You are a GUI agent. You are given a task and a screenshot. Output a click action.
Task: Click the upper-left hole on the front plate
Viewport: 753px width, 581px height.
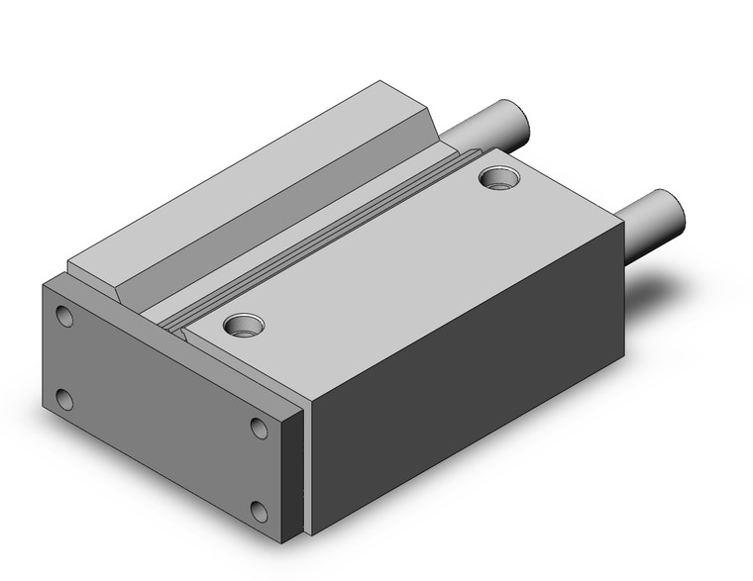(x=64, y=318)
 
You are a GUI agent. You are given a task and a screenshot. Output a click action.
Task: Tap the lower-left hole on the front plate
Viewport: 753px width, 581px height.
(x=64, y=400)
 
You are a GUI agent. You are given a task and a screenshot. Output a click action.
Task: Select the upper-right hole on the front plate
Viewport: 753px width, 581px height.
(x=259, y=429)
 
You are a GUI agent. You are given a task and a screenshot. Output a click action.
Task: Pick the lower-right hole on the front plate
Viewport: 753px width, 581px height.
(x=260, y=511)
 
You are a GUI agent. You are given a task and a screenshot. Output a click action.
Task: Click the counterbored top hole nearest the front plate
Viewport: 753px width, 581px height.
(x=242, y=324)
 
